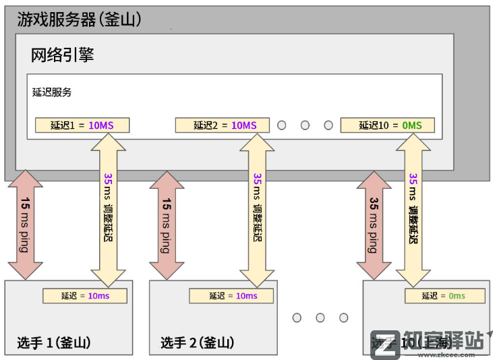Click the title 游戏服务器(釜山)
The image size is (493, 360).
pyautogui.click(x=79, y=20)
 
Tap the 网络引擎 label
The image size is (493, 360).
pyautogui.click(x=62, y=55)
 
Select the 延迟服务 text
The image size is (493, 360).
pyautogui.click(x=52, y=92)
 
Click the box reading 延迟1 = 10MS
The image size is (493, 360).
pyautogui.click(x=83, y=125)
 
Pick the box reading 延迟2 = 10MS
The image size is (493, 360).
pyautogui.click(x=222, y=125)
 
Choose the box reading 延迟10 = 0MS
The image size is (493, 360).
pyautogui.click(x=387, y=125)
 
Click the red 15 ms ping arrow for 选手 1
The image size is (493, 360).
pyautogui.click(x=26, y=225)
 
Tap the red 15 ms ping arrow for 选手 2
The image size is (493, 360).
pyautogui.click(x=167, y=225)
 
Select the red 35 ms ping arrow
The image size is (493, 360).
pyautogui.click(x=374, y=225)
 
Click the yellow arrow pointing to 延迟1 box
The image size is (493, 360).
pyautogui.click(x=109, y=209)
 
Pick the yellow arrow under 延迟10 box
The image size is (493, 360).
pyautogui.click(x=413, y=209)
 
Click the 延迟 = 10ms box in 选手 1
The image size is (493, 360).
pyautogui.click(x=85, y=296)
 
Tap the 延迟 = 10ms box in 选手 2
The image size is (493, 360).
pyautogui.click(x=231, y=296)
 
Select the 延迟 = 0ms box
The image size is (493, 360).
pyautogui.click(x=444, y=296)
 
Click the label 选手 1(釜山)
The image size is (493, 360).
pyautogui.click(x=54, y=342)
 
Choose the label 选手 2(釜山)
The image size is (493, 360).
pyautogui.click(x=198, y=342)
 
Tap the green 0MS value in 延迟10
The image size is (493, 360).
pyautogui.click(x=411, y=125)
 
